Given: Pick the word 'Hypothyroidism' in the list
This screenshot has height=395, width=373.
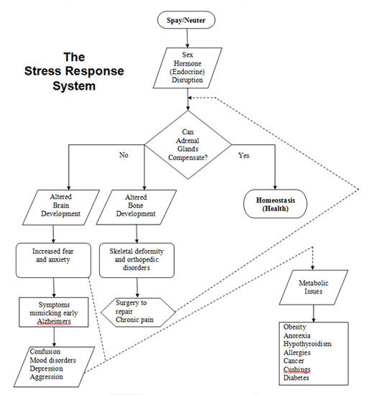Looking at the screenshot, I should [308, 344].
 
